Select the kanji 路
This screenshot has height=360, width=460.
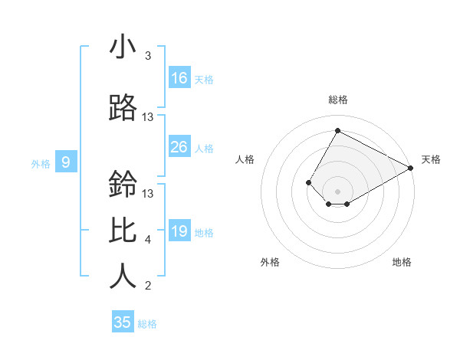(123, 109)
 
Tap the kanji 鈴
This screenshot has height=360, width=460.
(123, 185)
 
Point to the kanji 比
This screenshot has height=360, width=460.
(123, 231)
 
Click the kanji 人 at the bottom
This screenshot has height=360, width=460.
(123, 277)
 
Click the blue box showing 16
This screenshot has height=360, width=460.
(179, 78)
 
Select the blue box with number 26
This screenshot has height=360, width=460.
(179, 147)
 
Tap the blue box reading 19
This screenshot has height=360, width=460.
(179, 231)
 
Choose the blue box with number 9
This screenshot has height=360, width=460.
(67, 162)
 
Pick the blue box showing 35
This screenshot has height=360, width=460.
(123, 322)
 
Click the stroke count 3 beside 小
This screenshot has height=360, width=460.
(148, 56)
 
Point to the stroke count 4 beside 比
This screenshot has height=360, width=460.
(148, 240)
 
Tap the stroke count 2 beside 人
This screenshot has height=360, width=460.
(148, 286)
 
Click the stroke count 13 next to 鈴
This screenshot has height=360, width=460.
(148, 194)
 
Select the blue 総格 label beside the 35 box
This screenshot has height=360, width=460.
(147, 324)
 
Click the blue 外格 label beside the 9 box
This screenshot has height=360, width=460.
(41, 163)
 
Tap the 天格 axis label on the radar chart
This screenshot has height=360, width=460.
(431, 159)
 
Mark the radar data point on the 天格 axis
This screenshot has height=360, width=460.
(412, 169)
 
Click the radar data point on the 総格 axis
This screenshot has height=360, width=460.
(337, 131)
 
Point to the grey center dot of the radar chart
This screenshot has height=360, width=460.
(337, 191)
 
